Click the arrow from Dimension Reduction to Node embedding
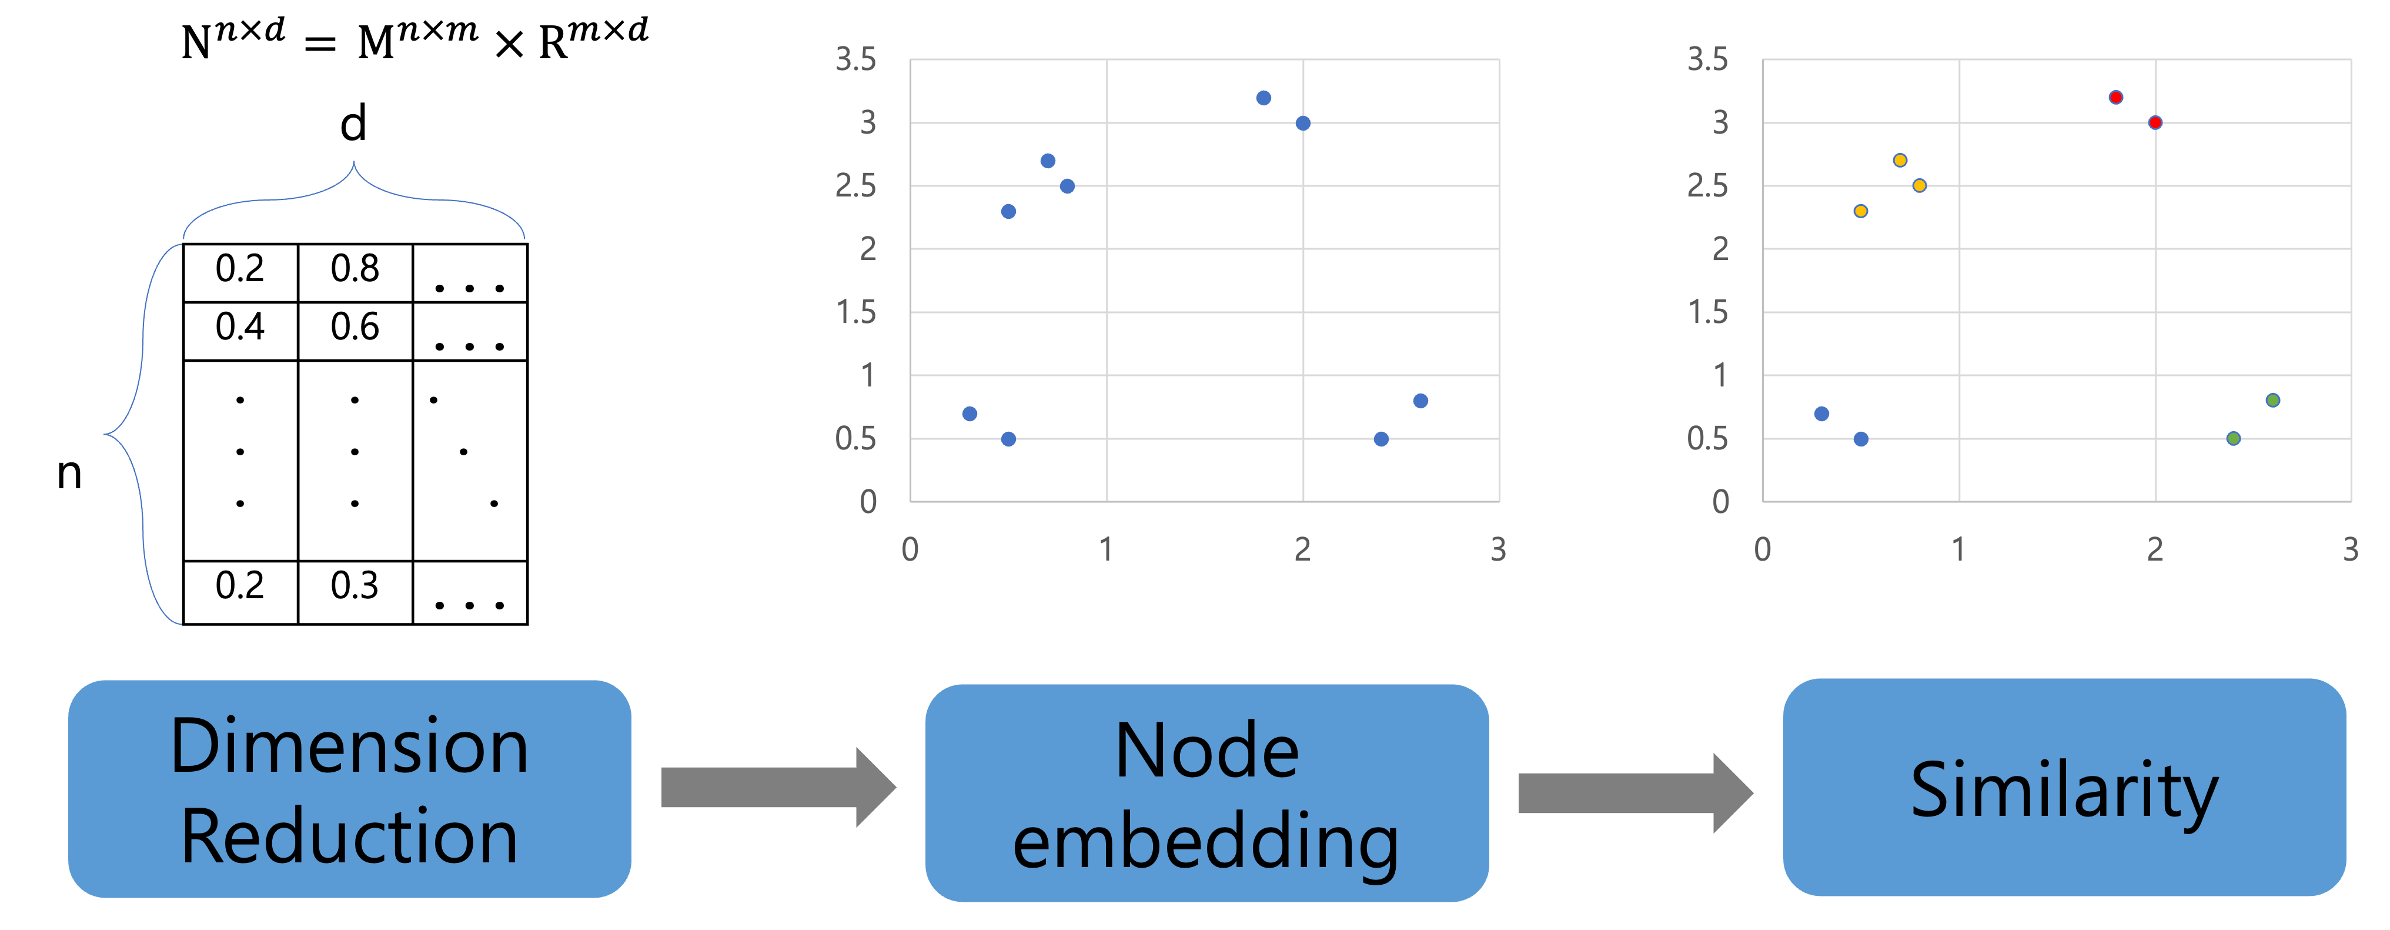[777, 787]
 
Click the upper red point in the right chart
[2115, 98]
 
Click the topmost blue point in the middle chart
[1263, 98]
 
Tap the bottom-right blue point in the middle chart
[1380, 439]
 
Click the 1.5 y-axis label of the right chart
[1707, 312]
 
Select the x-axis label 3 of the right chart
[2350, 549]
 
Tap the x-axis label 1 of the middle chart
[1106, 549]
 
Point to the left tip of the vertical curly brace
[105, 434]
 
